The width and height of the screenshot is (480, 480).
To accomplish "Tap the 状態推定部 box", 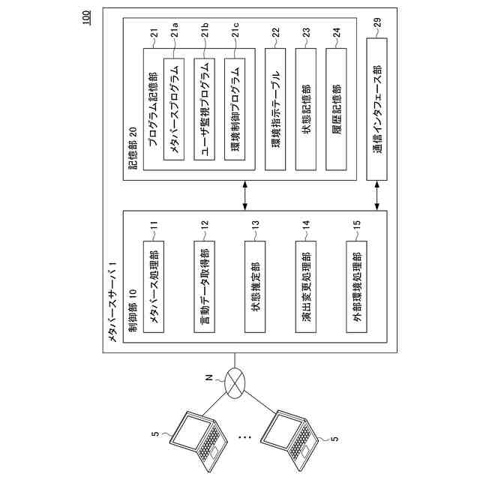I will [255, 282].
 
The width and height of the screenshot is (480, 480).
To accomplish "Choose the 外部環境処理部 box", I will [356, 282].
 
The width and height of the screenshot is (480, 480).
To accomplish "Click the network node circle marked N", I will [236, 385].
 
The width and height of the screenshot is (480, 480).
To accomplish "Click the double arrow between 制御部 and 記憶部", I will [246, 196].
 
